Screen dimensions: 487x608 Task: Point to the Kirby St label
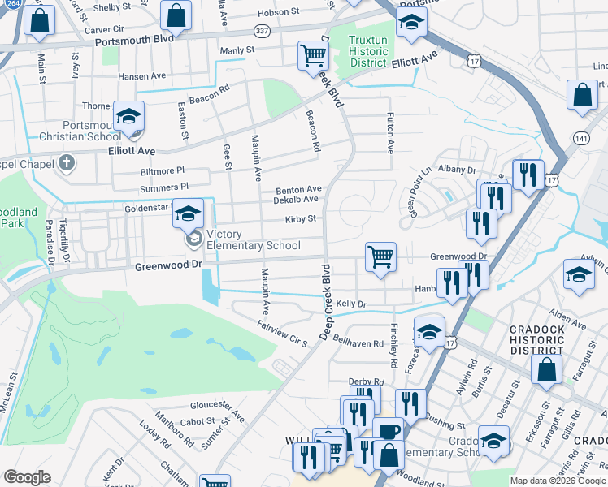300,219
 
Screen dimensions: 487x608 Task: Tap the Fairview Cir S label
281,333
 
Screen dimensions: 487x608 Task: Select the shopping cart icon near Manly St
312,55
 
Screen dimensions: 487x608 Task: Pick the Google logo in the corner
27,477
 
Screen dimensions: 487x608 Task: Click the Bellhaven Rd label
357,343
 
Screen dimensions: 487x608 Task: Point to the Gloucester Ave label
217,410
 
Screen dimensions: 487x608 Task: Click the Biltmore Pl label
163,172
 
